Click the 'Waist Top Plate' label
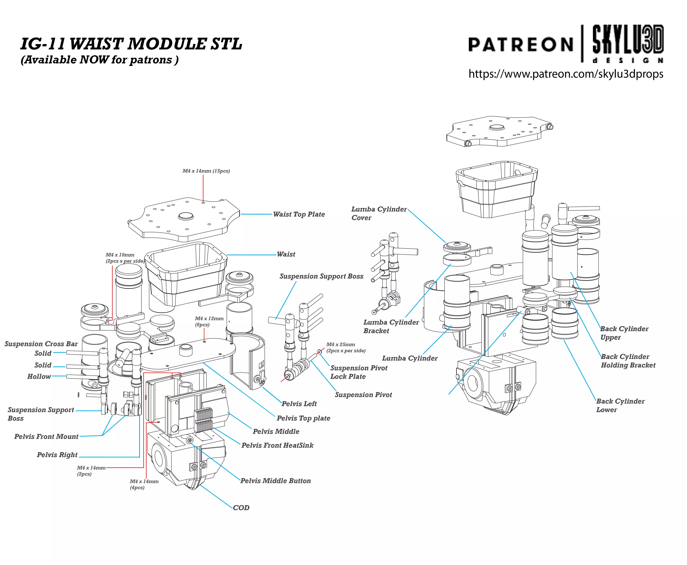(299, 214)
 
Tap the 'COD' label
(241, 508)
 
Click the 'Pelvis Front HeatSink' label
(277, 445)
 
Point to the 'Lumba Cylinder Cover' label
(379, 213)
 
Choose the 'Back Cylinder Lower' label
(620, 405)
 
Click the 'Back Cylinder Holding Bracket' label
(628, 361)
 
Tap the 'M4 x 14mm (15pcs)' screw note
(206, 171)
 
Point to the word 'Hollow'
(39, 377)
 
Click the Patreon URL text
(565, 74)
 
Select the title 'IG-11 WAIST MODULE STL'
(131, 44)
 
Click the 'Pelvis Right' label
(57, 455)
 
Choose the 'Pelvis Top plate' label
(303, 418)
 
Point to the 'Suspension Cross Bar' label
(41, 344)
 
